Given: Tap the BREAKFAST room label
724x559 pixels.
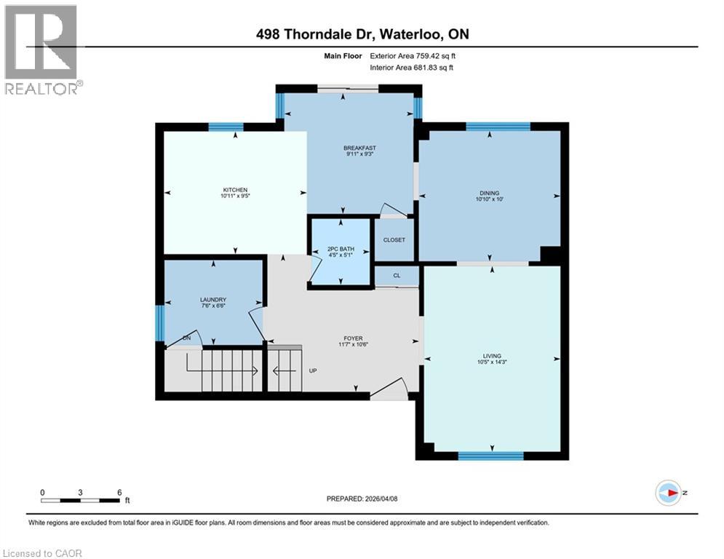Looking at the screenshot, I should click(359, 148).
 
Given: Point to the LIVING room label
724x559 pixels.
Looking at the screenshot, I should click(492, 356).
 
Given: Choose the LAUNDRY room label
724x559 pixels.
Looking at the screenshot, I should click(213, 300).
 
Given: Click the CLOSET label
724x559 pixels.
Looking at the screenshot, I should click(394, 240).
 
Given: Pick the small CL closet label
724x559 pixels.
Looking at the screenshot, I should click(397, 276).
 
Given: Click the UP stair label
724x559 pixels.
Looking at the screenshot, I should click(313, 370).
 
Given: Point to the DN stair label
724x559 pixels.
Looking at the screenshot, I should click(187, 338).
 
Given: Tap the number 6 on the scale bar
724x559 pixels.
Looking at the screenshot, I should click(119, 492).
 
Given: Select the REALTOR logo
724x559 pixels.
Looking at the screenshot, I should click(43, 49).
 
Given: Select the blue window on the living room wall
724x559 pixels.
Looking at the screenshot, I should click(490, 456).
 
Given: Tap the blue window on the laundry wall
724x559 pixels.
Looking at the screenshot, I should click(159, 322).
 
